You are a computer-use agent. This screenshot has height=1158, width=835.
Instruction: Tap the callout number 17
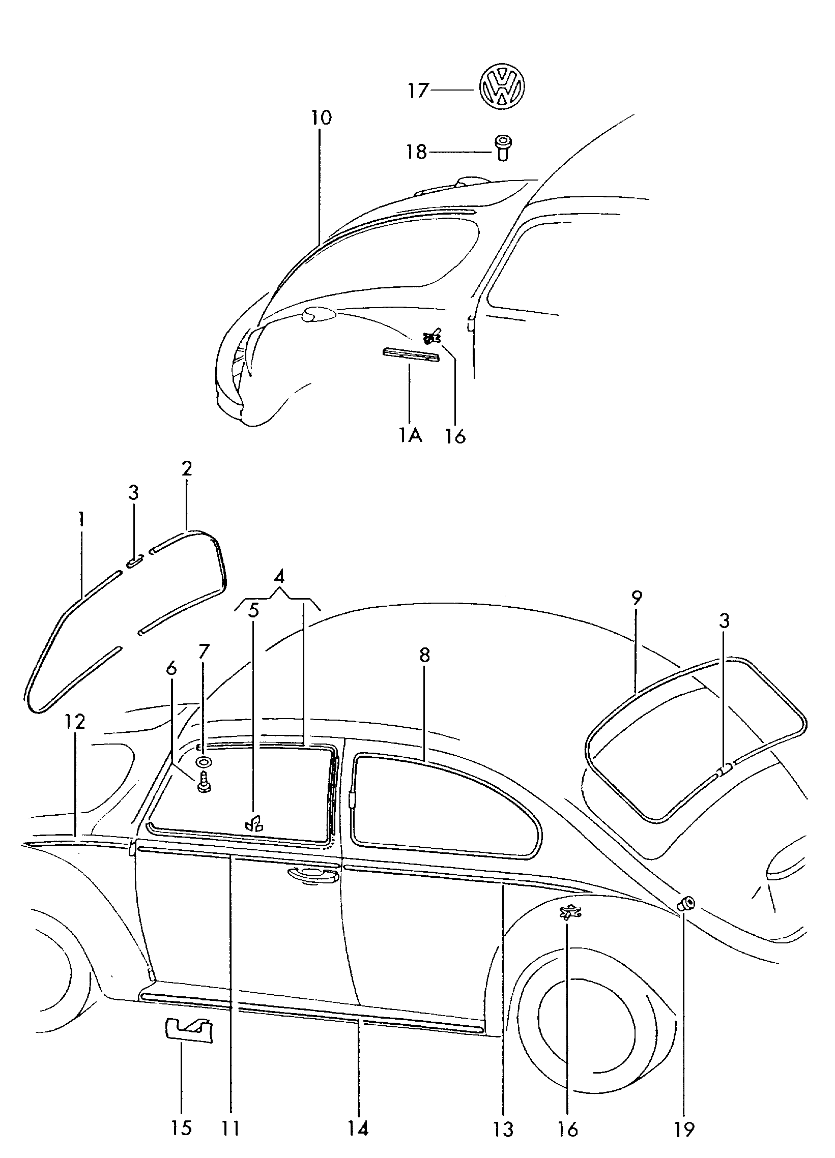[417, 91]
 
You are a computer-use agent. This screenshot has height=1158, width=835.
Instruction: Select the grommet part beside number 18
[504, 149]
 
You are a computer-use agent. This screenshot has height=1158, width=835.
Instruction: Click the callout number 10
[321, 118]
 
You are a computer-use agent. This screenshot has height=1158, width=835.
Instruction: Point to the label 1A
[410, 435]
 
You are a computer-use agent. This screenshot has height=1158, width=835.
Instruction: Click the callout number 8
[425, 655]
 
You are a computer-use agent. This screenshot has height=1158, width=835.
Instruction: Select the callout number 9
[637, 598]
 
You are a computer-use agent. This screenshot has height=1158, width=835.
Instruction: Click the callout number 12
[75, 722]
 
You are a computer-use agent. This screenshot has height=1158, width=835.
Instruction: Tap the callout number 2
[186, 468]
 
